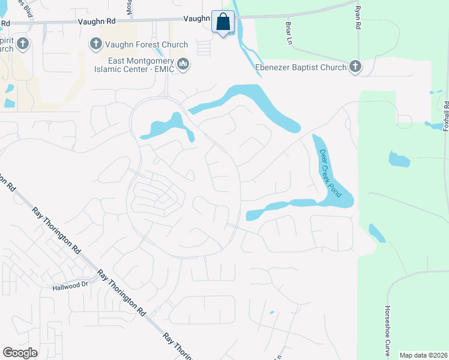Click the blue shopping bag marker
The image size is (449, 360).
223,22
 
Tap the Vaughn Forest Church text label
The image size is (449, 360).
146,44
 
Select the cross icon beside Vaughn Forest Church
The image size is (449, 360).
95,43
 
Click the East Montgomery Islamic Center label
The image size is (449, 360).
141,64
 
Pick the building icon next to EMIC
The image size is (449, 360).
184,64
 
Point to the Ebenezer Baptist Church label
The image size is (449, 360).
301,67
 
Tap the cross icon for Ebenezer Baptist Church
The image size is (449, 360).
355,67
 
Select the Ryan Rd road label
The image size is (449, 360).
358,18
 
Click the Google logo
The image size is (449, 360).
20,353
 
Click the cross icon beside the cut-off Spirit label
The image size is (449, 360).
23,43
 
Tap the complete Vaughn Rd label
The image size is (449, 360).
95,21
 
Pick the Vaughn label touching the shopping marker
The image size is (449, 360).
196,19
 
